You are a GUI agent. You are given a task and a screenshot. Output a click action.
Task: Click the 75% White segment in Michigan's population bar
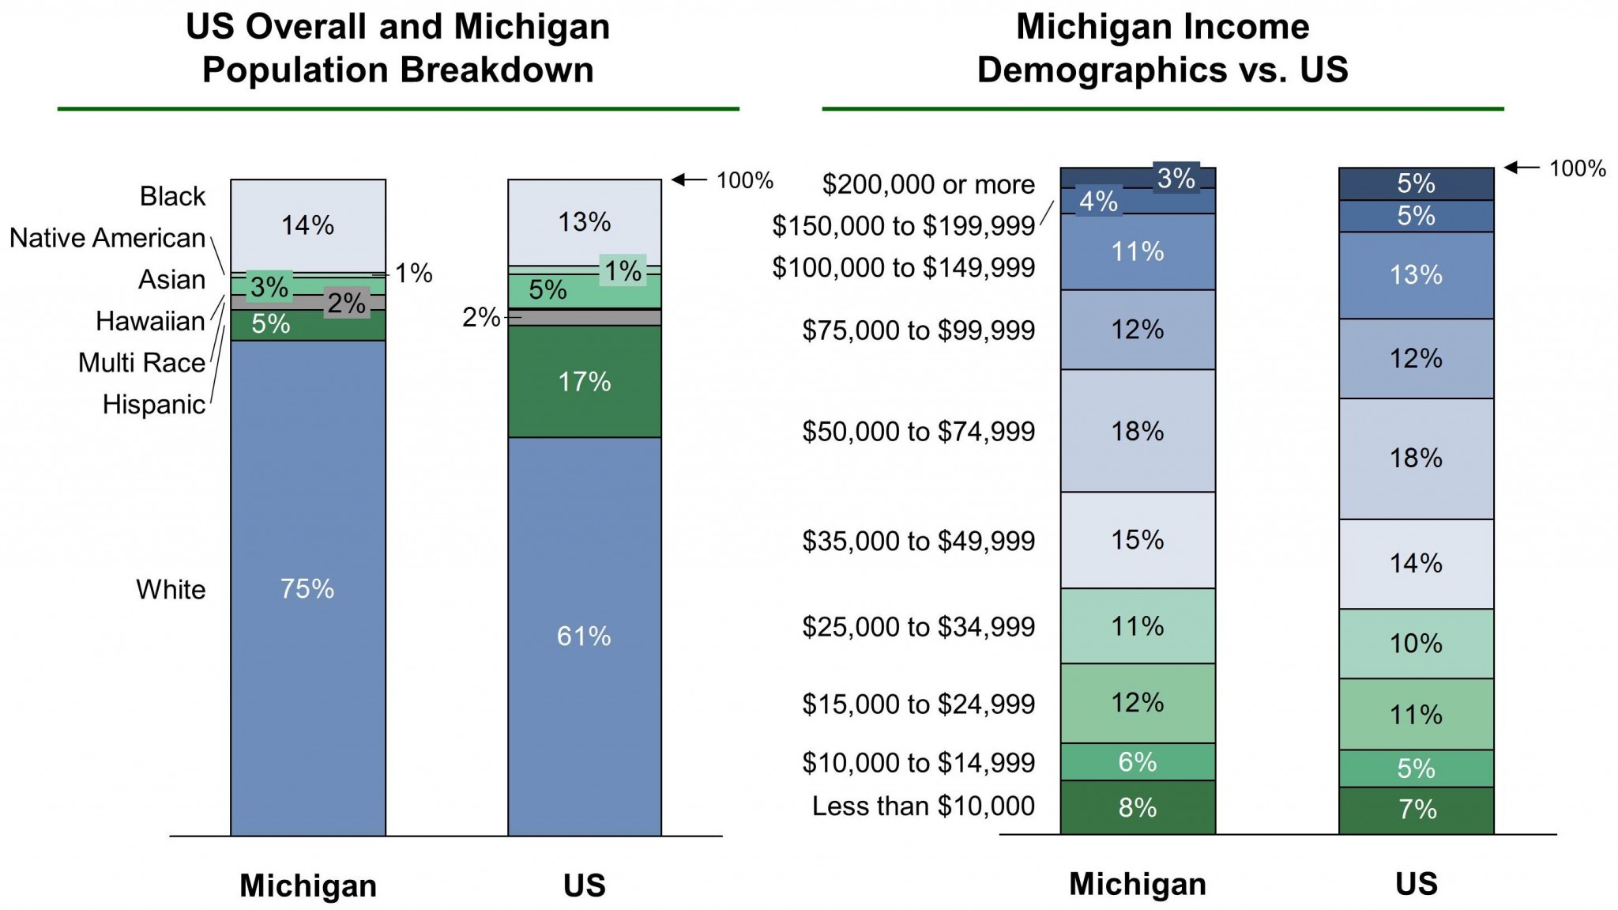tap(308, 588)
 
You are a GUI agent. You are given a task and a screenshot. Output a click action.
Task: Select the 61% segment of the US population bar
tap(584, 636)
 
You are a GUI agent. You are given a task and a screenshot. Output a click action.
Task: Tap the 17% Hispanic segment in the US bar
tap(584, 382)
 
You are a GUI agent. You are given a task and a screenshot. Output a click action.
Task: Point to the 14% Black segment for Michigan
tap(308, 225)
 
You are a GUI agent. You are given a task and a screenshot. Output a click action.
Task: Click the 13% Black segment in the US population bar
tap(584, 222)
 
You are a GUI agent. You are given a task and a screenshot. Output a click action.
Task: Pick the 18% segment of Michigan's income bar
tap(1138, 431)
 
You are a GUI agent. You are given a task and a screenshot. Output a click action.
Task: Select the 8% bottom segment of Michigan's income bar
tap(1138, 807)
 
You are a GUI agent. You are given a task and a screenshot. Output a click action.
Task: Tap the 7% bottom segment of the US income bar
tap(1416, 810)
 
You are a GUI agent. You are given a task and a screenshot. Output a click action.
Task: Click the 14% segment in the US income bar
tap(1416, 563)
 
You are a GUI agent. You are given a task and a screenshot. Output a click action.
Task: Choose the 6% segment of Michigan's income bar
tap(1138, 761)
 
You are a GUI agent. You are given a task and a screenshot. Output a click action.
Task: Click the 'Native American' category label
tap(107, 238)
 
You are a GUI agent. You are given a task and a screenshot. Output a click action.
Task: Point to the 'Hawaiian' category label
tap(150, 321)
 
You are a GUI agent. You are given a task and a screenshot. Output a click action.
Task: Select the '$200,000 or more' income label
tap(928, 184)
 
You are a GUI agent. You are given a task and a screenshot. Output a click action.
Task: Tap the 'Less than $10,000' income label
tap(923, 806)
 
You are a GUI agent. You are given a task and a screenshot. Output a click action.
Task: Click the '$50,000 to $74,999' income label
tap(918, 431)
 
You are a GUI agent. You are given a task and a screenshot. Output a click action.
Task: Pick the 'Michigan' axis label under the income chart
tap(1138, 884)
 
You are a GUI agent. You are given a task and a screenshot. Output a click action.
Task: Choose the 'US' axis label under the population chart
tap(584, 885)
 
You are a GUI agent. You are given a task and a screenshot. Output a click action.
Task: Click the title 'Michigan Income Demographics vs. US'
tap(1162, 48)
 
